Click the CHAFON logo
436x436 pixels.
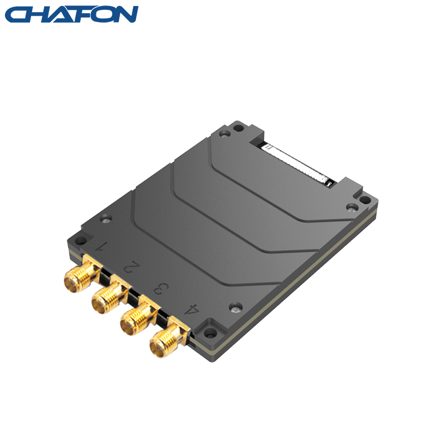click(71, 14)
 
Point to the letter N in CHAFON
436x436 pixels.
click(125, 14)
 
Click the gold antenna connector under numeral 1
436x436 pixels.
click(81, 275)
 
